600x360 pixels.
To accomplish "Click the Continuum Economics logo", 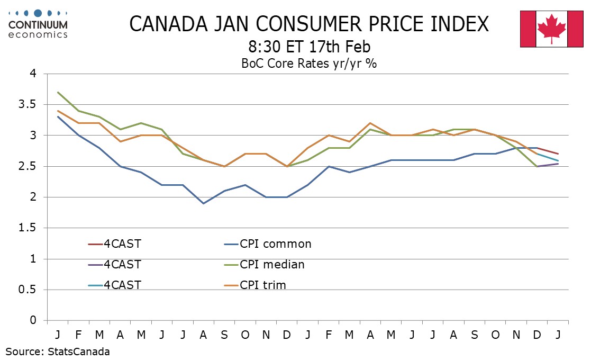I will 39,24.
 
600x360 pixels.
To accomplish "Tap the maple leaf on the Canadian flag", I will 552,28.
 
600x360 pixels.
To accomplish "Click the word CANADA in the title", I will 165,24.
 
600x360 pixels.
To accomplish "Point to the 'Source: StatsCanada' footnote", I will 58,351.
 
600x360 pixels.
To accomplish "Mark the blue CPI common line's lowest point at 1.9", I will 203,203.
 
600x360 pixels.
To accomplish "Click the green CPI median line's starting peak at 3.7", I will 58,92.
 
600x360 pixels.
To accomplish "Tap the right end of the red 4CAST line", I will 558,154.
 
